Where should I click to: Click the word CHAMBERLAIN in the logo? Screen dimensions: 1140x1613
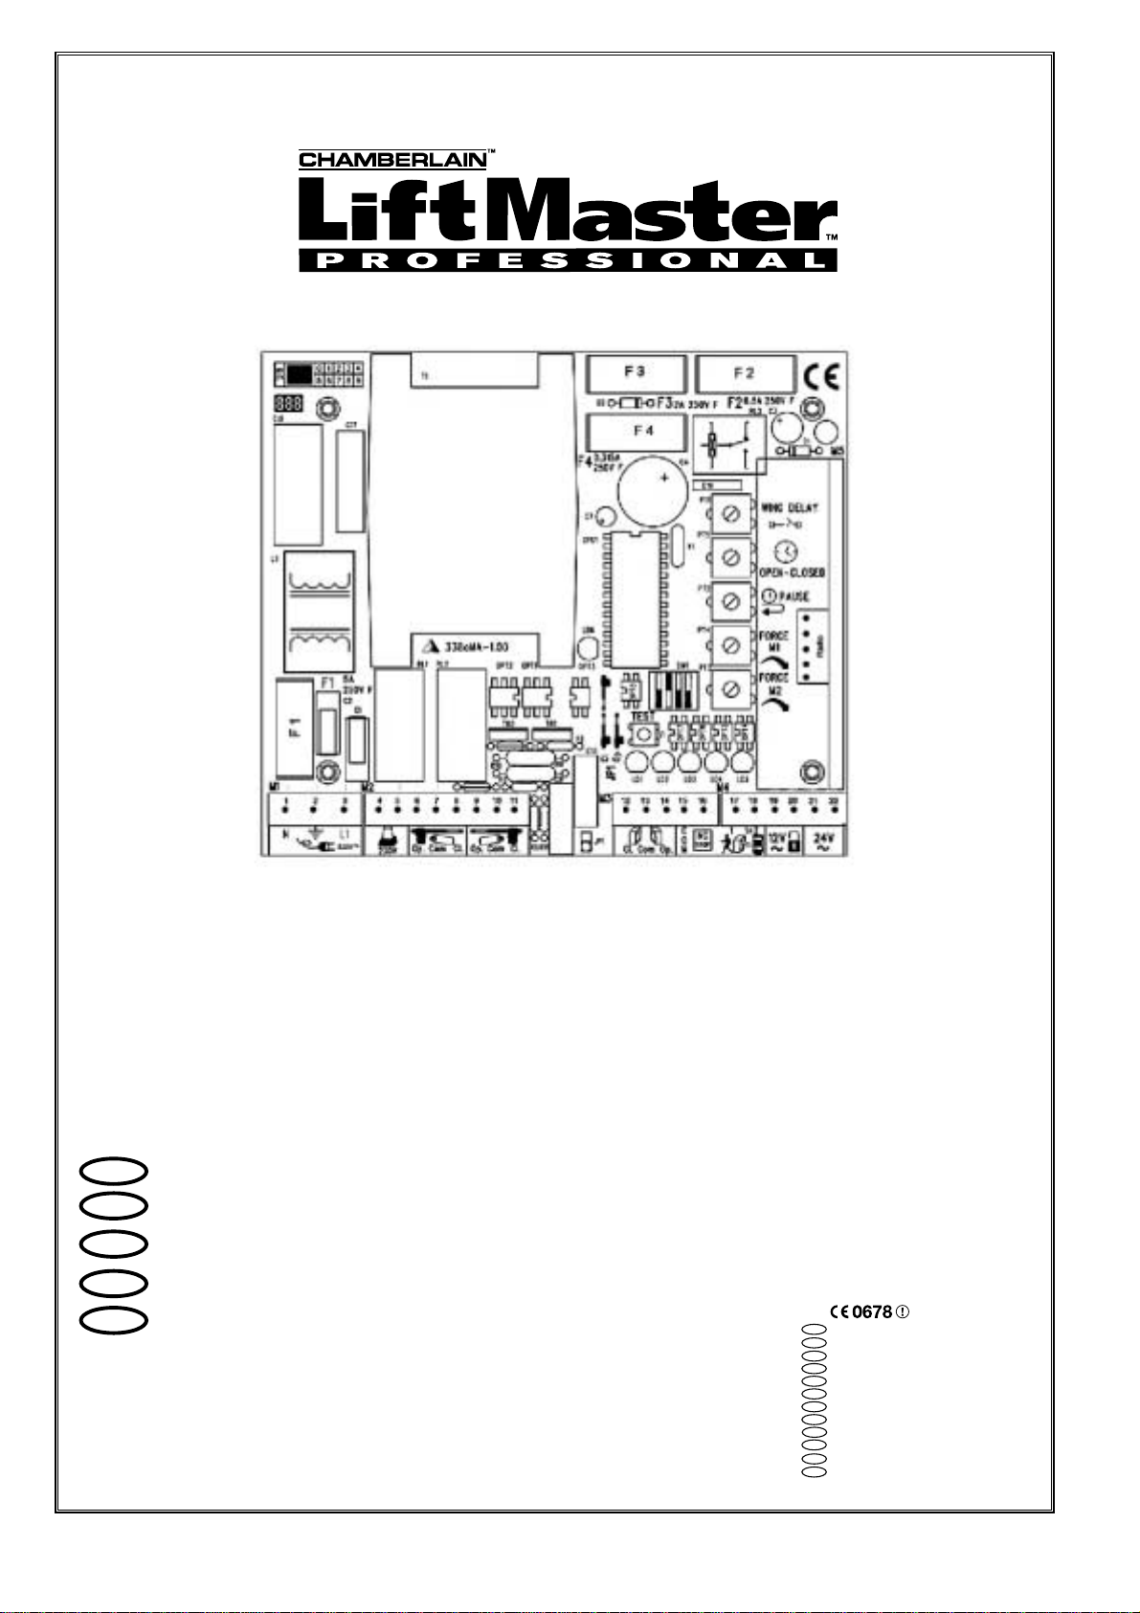392,160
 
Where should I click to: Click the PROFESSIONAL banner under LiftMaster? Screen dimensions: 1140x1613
568,260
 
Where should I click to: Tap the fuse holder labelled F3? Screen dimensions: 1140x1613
634,371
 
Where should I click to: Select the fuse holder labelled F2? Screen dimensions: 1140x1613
745,371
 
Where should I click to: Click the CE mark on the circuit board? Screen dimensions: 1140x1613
821,375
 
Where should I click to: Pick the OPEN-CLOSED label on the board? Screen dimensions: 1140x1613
791,571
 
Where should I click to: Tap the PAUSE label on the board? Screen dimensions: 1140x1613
793,596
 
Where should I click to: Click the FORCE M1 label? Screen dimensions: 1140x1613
773,640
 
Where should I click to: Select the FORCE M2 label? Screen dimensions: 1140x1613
773,683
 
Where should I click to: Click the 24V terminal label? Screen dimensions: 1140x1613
823,839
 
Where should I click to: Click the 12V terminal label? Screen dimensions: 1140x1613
777,839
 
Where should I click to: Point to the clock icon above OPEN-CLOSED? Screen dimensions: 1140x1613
786,551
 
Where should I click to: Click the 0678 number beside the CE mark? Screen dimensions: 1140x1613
872,1312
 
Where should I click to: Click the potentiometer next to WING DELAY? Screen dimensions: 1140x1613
732,515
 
